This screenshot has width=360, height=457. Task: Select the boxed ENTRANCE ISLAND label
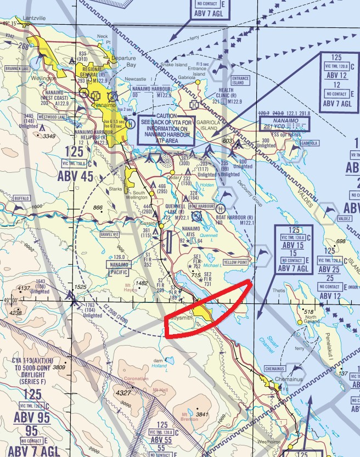click(240, 80)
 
